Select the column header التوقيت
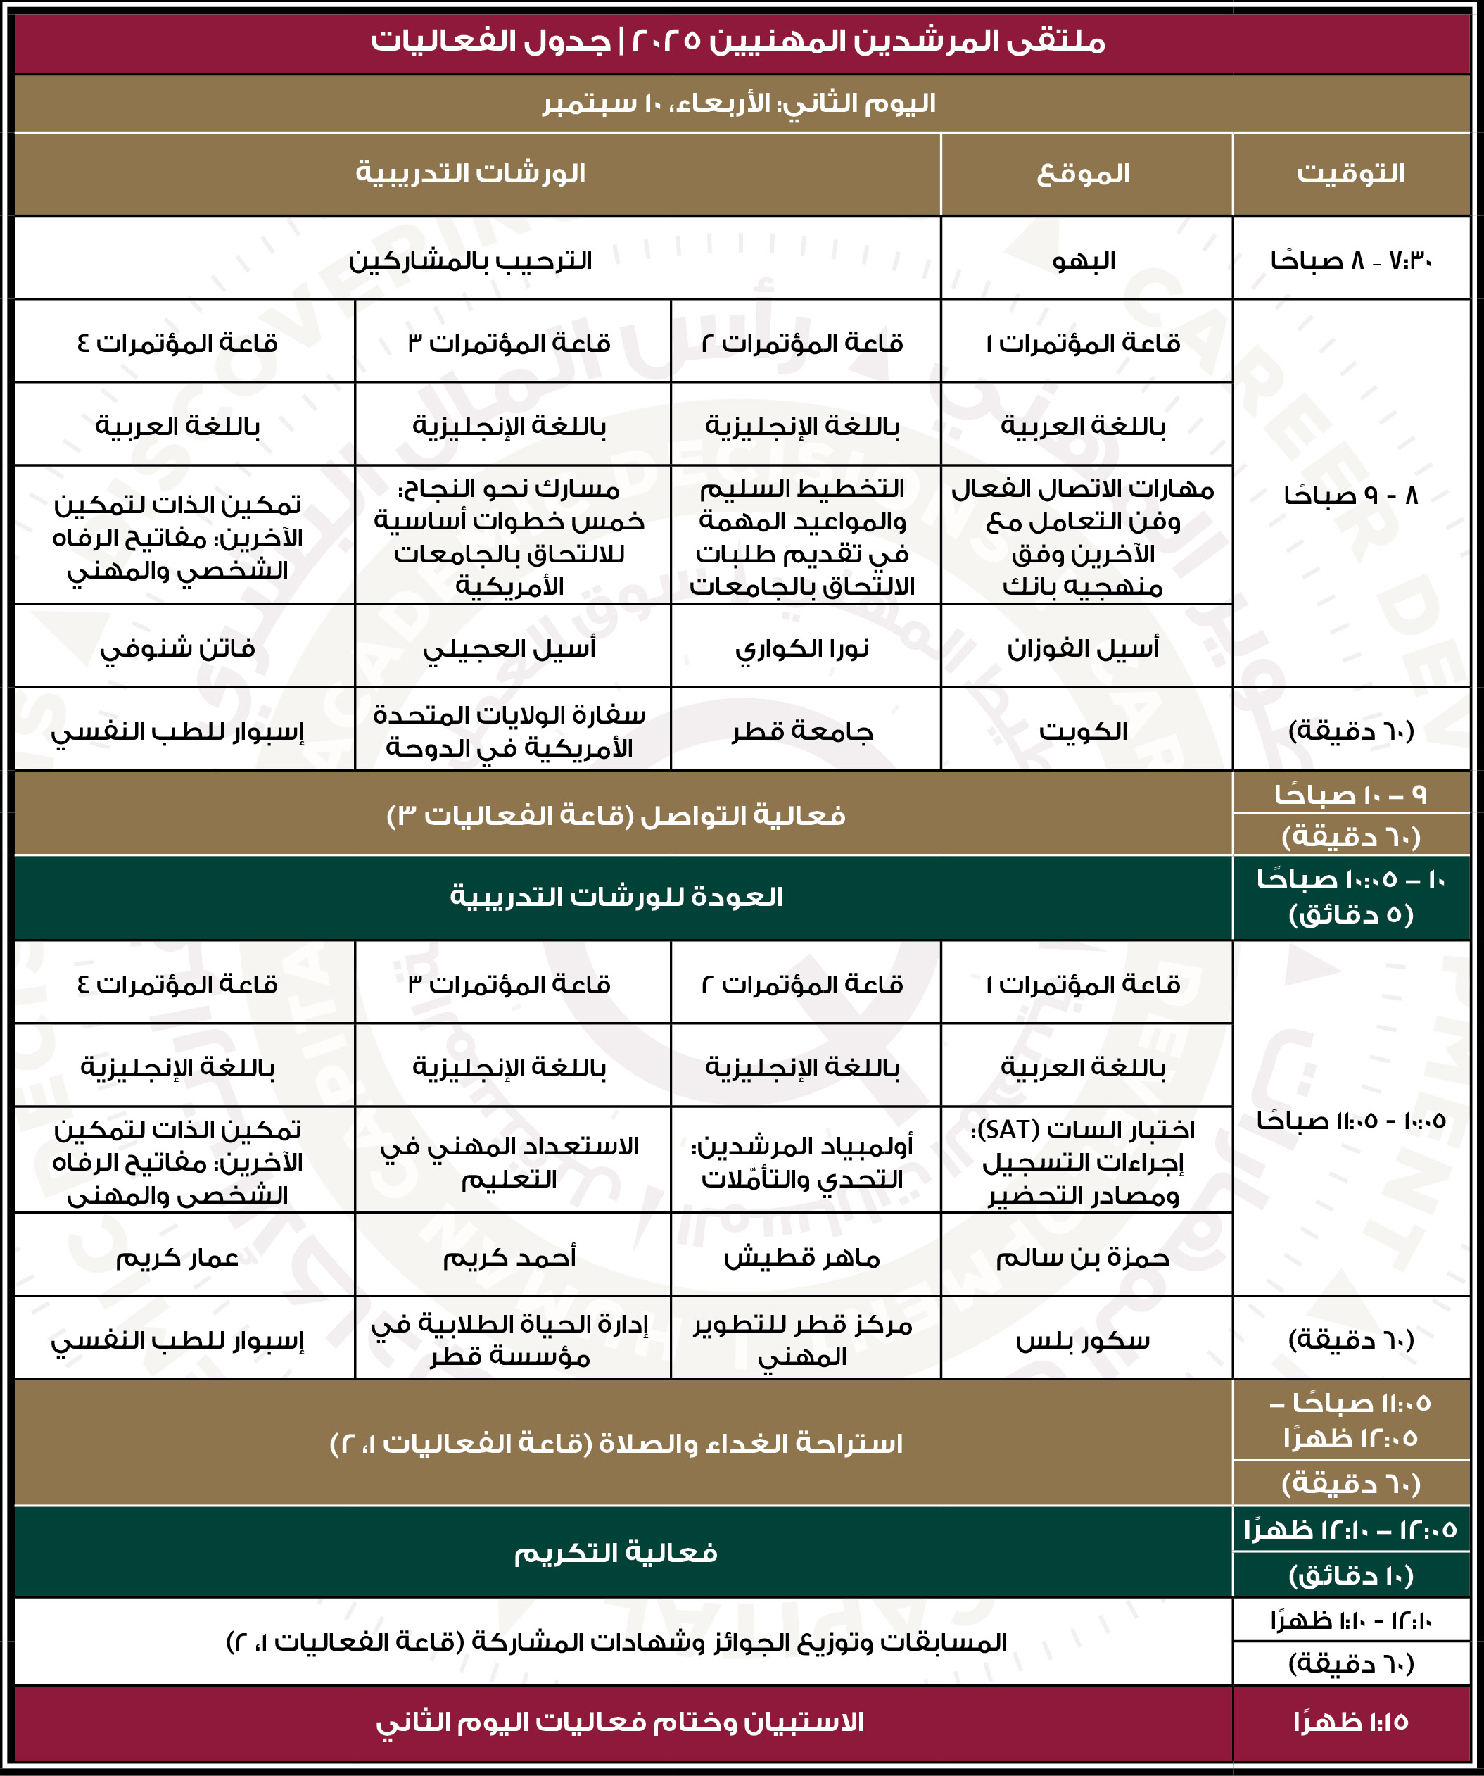click(1350, 173)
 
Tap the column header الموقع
click(1084, 173)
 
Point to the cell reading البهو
click(1084, 260)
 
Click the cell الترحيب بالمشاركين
click(470, 260)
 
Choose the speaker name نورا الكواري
click(802, 648)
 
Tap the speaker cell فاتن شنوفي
click(177, 648)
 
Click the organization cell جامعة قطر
click(802, 731)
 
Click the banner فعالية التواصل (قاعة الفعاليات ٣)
click(616, 815)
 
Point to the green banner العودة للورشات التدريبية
click(616, 897)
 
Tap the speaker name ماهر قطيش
click(802, 1258)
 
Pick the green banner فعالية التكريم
click(616, 1553)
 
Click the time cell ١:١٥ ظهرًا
click(1350, 1722)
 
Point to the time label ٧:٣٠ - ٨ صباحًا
click(1350, 260)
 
